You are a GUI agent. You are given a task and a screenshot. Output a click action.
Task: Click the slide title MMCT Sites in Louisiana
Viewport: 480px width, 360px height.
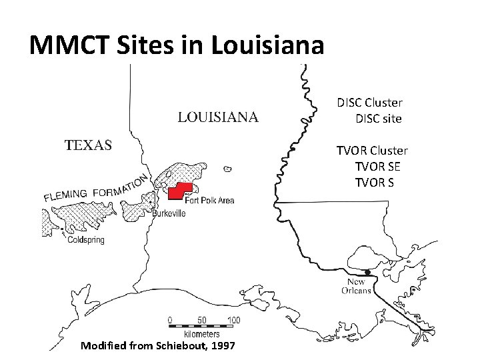point(177,45)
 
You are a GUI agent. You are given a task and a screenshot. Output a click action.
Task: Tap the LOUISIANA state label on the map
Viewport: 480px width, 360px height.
point(218,118)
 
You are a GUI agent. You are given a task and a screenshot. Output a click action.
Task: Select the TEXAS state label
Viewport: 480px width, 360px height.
point(88,145)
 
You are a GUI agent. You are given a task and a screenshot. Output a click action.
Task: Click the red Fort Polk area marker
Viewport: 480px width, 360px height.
point(179,191)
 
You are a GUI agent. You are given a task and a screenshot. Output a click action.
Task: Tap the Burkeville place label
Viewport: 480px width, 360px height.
point(169,213)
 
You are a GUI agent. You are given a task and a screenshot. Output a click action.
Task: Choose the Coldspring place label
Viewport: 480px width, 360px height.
point(86,240)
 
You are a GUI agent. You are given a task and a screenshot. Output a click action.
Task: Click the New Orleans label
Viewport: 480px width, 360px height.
point(356,287)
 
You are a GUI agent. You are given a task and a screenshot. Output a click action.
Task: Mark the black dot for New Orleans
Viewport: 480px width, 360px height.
point(367,272)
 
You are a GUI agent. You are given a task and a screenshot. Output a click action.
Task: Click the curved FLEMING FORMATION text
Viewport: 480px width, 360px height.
point(97,189)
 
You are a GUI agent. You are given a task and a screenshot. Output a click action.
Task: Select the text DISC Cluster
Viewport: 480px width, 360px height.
point(369,103)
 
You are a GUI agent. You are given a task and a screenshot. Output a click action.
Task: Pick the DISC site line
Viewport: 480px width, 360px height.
point(379,119)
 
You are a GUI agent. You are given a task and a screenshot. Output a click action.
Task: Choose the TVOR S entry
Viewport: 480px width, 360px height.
point(379,182)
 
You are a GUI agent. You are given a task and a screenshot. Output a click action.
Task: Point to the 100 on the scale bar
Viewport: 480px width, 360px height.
point(233,321)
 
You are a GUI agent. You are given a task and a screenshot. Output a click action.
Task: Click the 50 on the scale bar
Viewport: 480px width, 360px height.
point(202,321)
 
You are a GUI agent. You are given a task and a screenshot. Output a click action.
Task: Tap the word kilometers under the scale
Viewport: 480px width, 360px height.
point(202,333)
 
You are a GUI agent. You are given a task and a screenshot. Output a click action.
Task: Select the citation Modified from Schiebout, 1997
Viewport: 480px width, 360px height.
point(157,345)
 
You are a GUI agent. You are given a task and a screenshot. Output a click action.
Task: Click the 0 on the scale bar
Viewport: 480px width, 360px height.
point(170,321)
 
